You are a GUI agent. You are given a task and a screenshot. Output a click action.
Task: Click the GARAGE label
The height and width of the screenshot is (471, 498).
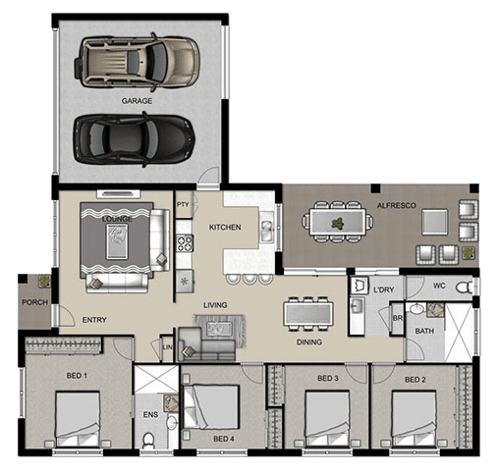tap(137, 101)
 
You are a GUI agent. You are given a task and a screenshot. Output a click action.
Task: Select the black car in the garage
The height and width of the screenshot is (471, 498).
tap(134, 139)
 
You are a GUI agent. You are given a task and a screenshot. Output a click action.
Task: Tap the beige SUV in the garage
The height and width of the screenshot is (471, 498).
tap(137, 62)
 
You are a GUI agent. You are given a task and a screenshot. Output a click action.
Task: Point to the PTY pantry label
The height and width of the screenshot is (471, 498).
tap(183, 204)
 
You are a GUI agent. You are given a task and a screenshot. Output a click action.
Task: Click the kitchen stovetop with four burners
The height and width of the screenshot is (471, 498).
tap(185, 243)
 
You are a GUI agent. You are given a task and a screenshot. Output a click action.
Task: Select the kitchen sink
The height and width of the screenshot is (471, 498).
tap(266, 227)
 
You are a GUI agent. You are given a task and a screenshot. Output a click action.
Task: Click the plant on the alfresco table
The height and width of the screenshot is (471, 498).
tap(338, 224)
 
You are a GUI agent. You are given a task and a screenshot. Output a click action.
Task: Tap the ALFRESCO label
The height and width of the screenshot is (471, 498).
tap(397, 205)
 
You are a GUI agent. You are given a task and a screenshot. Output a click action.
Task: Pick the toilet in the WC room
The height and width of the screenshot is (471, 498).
tap(465, 288)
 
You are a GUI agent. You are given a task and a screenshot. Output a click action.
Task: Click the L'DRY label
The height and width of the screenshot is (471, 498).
tap(384, 289)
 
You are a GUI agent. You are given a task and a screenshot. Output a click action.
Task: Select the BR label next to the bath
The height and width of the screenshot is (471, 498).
tap(398, 318)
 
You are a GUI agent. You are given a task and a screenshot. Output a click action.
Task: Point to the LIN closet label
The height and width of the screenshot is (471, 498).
tap(167, 347)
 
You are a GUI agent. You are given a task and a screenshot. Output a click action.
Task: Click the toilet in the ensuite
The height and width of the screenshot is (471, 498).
tap(148, 440)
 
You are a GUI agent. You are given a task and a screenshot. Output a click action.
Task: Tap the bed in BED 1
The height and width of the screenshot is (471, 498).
tap(78, 419)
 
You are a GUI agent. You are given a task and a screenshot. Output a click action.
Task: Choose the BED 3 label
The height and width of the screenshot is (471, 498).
tap(328, 378)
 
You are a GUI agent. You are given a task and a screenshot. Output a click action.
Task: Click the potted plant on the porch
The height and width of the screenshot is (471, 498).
tap(44, 281)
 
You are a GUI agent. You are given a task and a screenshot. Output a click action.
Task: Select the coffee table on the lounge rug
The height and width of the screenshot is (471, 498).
tap(117, 241)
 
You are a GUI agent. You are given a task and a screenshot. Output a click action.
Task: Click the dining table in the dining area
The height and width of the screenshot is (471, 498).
tap(308, 313)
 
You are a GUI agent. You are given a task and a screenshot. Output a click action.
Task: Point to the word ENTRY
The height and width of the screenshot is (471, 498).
tap(94, 320)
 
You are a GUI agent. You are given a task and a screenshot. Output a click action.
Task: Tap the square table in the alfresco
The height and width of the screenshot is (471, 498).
tap(434, 222)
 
